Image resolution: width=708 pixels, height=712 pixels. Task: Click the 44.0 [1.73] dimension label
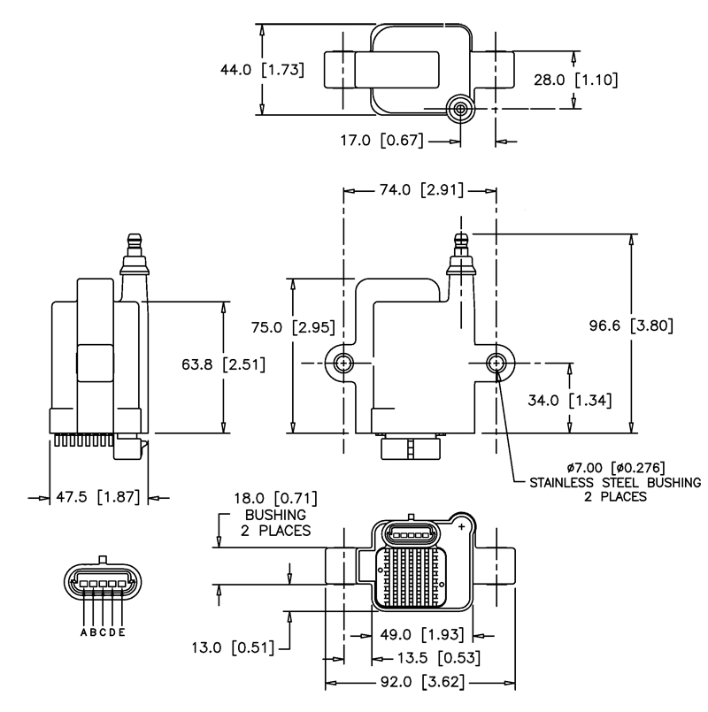tap(261, 69)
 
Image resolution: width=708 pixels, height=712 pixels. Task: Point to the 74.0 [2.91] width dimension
tap(419, 190)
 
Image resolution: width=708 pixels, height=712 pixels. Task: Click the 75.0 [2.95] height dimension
tap(291, 327)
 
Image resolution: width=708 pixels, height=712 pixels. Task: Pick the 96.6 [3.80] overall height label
tap(632, 325)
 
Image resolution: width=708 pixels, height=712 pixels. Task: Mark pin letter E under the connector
tap(121, 632)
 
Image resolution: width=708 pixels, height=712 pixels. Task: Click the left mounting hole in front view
tap(343, 363)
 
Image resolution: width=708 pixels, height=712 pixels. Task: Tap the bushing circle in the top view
tap(459, 108)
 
